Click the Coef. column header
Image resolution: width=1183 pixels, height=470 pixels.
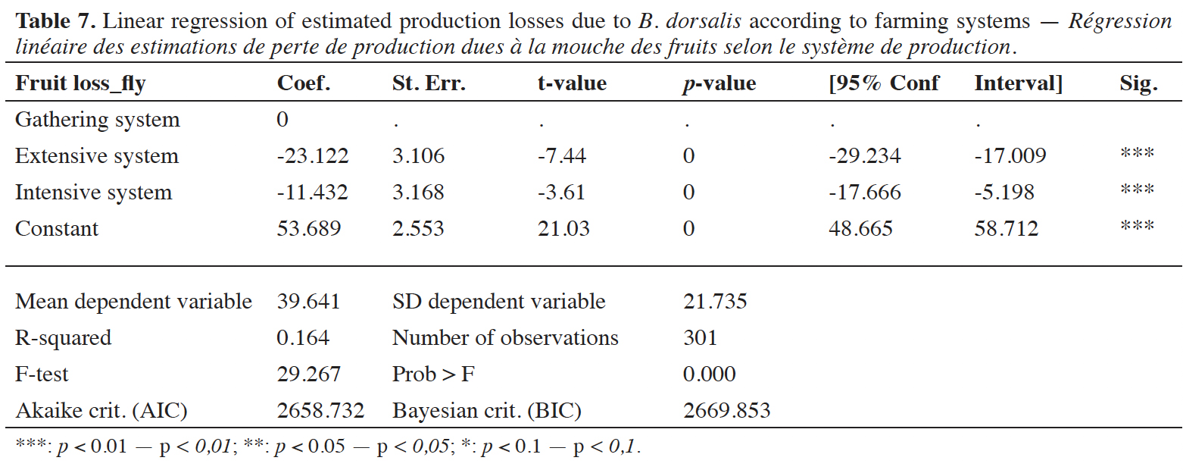click(304, 83)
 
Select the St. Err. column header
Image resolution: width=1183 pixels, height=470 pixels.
click(429, 83)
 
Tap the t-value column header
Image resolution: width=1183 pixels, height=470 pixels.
click(572, 83)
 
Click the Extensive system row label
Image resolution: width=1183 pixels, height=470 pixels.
click(97, 156)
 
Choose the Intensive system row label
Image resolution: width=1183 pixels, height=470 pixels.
click(93, 193)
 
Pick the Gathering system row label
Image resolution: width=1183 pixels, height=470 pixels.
click(98, 120)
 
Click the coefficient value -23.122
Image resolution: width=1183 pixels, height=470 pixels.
click(313, 156)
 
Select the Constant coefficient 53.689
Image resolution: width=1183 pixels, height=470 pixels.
click(309, 228)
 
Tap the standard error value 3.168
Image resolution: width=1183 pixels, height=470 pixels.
click(418, 192)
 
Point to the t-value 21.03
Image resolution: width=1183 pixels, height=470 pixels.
click(563, 228)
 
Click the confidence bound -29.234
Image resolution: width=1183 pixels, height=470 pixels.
click(865, 156)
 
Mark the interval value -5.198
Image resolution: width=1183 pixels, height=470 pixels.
click(1004, 192)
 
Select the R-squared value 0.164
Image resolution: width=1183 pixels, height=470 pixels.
click(303, 338)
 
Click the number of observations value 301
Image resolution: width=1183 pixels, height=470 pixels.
click(701, 338)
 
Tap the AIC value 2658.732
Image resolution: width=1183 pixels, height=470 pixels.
click(320, 411)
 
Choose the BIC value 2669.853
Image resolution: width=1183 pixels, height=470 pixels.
click(727, 411)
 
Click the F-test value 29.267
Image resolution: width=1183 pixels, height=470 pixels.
click(309, 374)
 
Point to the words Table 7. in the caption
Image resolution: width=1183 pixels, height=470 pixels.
click(55, 21)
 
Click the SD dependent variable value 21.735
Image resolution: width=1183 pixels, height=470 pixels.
click(715, 302)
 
